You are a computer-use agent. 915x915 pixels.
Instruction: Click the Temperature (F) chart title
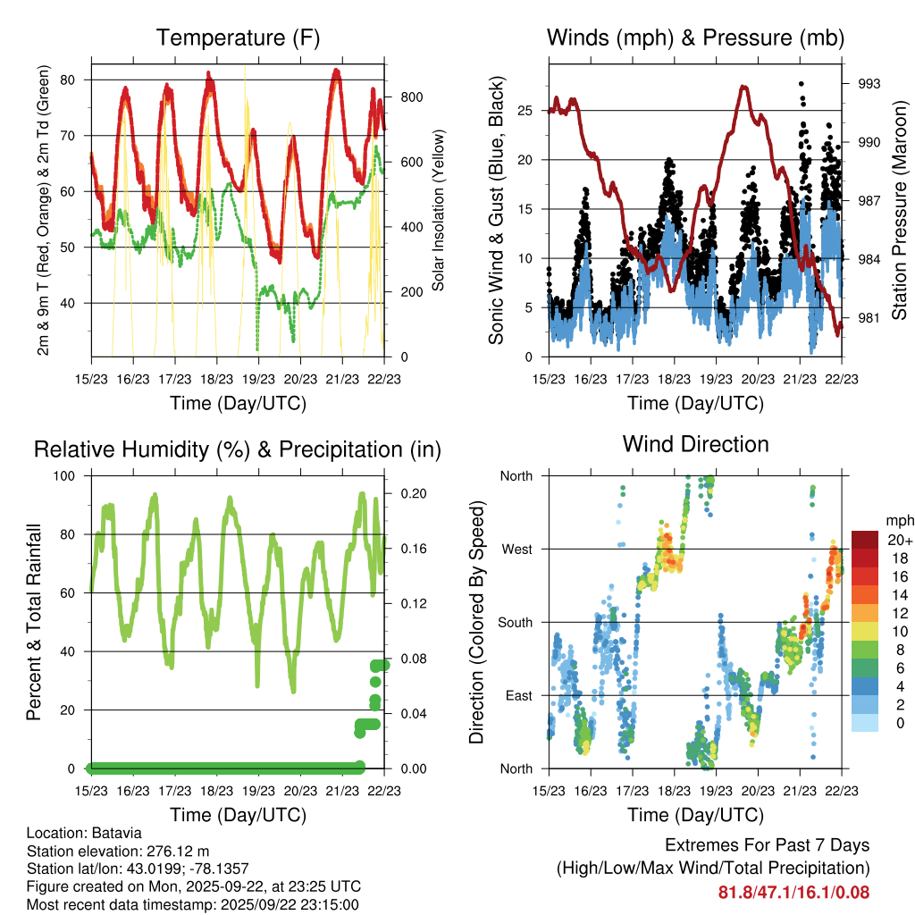(238, 38)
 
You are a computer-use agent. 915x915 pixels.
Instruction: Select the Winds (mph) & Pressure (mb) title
(695, 38)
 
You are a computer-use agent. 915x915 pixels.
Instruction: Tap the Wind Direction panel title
(695, 444)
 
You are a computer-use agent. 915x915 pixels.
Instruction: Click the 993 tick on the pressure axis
(869, 84)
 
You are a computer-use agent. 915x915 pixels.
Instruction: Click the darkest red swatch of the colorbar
(865, 540)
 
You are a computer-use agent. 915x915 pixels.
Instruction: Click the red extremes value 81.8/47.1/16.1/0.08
(793, 892)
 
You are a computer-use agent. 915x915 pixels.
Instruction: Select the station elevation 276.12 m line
(118, 851)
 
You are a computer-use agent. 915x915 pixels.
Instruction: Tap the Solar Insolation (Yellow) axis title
(439, 211)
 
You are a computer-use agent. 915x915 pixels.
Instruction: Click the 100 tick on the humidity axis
(69, 475)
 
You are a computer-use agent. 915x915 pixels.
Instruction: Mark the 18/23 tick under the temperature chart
(216, 377)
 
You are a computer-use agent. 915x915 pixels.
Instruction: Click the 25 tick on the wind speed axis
(527, 111)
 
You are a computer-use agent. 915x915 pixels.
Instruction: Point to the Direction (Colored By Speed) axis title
(476, 622)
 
